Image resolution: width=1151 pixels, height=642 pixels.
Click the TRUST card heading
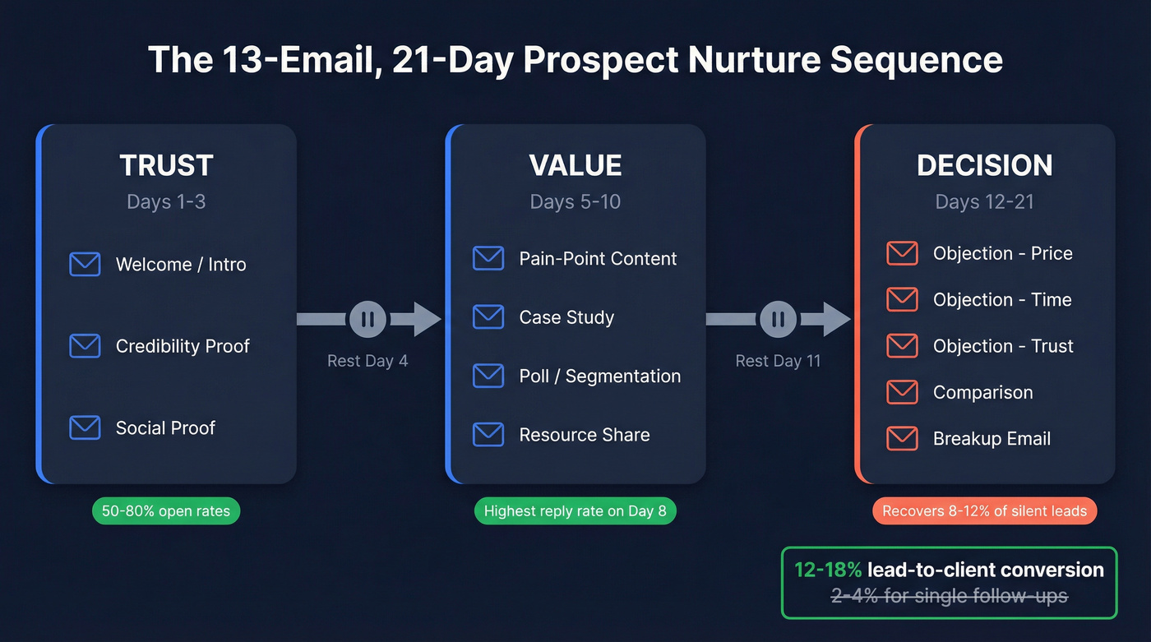point(166,165)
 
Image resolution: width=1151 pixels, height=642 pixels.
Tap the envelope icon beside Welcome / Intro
point(85,264)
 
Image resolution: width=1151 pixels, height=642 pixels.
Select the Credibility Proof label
point(183,346)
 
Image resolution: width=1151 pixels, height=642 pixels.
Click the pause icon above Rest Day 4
point(367,319)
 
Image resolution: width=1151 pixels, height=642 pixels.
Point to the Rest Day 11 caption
point(778,361)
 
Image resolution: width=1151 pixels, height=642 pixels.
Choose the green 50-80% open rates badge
point(166,511)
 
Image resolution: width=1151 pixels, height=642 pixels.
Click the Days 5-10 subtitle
point(575,202)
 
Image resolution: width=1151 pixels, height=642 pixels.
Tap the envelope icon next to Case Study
point(488,316)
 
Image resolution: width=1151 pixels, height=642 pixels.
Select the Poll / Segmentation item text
point(599,376)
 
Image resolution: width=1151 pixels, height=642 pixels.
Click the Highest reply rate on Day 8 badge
point(575,511)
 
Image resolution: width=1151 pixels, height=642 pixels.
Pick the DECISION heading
point(984,165)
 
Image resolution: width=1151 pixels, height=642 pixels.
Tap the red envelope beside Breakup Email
point(902,438)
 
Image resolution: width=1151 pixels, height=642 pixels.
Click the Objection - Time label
point(1001,300)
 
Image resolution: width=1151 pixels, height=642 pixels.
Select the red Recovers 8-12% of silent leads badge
point(984,511)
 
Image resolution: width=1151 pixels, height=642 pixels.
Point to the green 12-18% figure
point(828,570)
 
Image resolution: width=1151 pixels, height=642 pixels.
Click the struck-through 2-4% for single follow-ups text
point(949,596)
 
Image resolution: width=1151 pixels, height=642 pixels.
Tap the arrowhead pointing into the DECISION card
point(836,319)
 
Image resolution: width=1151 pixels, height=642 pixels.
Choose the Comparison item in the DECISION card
point(982,392)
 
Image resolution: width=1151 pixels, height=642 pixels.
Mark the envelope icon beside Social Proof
point(85,427)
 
